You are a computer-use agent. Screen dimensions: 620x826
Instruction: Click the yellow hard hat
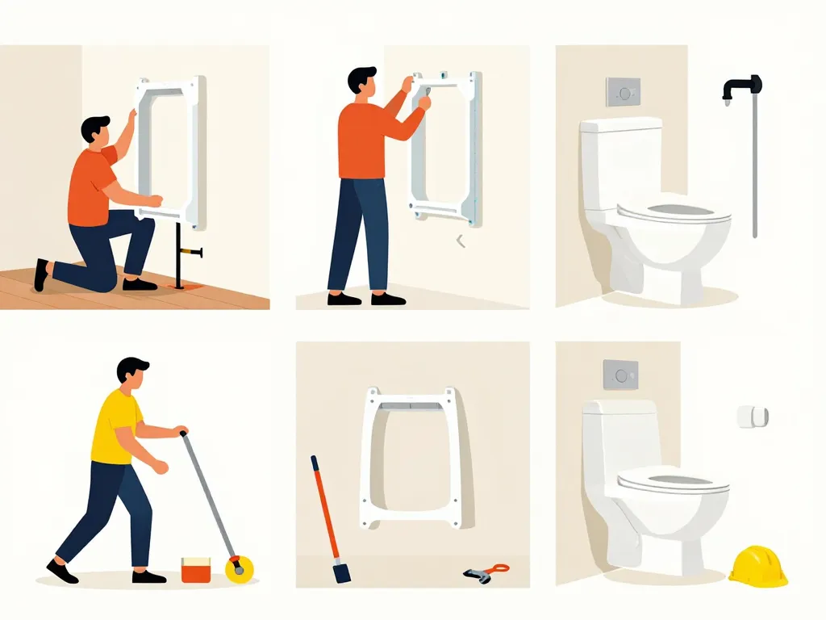coord(757,565)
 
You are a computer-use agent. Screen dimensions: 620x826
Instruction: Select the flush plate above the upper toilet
coord(623,90)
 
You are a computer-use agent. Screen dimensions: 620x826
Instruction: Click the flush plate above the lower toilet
coord(620,374)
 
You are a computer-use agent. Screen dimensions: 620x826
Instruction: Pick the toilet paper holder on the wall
coord(752,417)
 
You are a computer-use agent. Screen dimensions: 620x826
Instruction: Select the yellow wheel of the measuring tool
coord(238,568)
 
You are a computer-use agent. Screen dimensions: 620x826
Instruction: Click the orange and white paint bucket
coord(196,568)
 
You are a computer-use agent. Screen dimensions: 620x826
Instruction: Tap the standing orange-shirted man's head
coord(362,82)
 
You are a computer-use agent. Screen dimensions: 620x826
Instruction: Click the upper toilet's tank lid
coord(621,124)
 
